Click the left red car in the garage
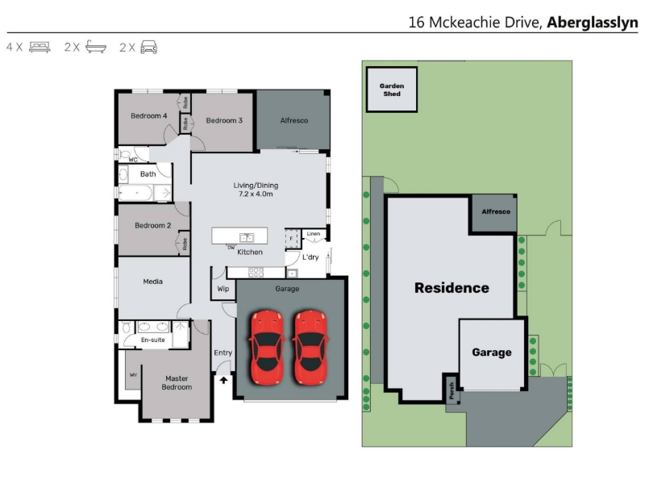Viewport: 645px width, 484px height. tap(267, 348)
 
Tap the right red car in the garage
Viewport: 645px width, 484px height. tap(310, 348)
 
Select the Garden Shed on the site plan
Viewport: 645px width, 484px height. tap(392, 90)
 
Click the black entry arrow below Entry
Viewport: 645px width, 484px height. tap(223, 380)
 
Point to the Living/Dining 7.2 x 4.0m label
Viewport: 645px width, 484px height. tap(256, 190)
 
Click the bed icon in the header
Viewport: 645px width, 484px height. tap(40, 47)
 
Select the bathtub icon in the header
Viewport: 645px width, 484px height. tap(96, 47)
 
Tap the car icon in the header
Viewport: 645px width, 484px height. tap(148, 47)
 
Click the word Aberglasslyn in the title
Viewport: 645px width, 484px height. tap(593, 23)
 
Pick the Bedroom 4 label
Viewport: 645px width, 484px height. tap(149, 116)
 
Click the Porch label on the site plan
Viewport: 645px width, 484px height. tap(451, 390)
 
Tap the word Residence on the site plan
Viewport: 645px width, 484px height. tap(451, 288)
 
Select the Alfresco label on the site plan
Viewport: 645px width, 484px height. tap(496, 211)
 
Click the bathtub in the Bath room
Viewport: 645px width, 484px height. tap(135, 193)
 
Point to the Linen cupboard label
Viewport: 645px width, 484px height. tap(314, 234)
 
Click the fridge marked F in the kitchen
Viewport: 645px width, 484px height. tap(292, 239)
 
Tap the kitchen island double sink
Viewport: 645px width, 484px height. tap(247, 237)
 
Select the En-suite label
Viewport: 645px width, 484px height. tap(152, 340)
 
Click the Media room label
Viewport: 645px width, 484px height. tap(152, 282)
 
